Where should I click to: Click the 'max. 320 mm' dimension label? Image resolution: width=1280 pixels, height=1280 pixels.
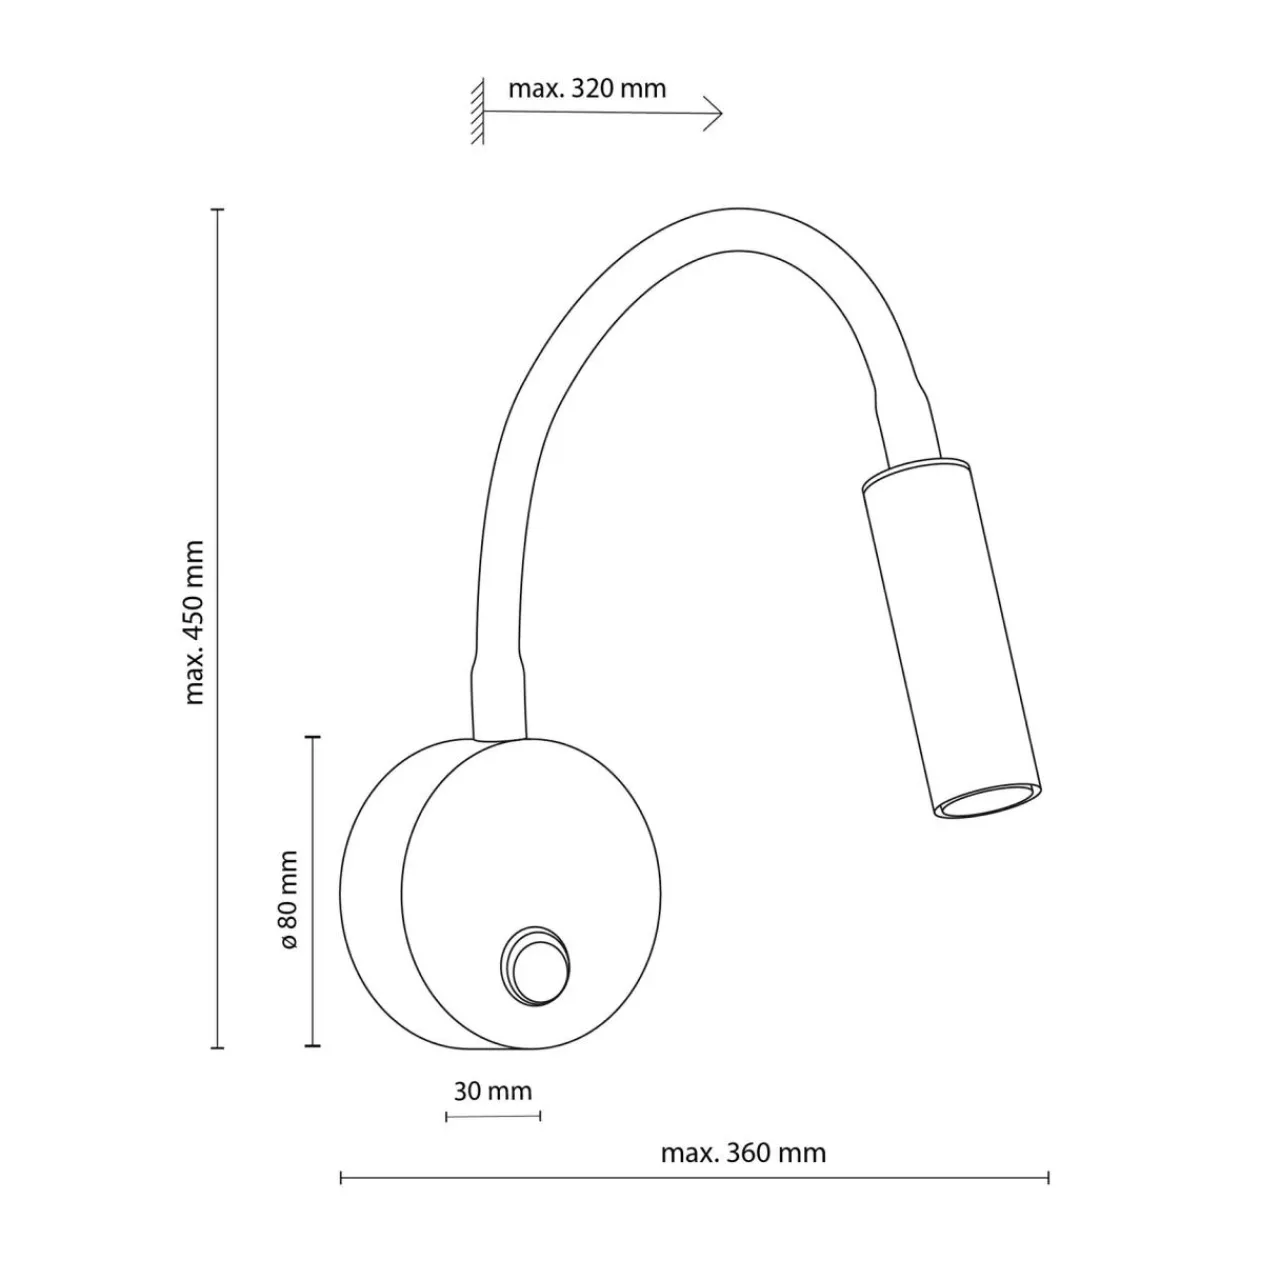[587, 88]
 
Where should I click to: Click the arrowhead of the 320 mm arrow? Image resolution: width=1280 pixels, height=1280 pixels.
[714, 114]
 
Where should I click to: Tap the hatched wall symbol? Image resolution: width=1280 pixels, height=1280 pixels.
[477, 111]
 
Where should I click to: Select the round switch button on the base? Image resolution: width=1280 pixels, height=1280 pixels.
[535, 962]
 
